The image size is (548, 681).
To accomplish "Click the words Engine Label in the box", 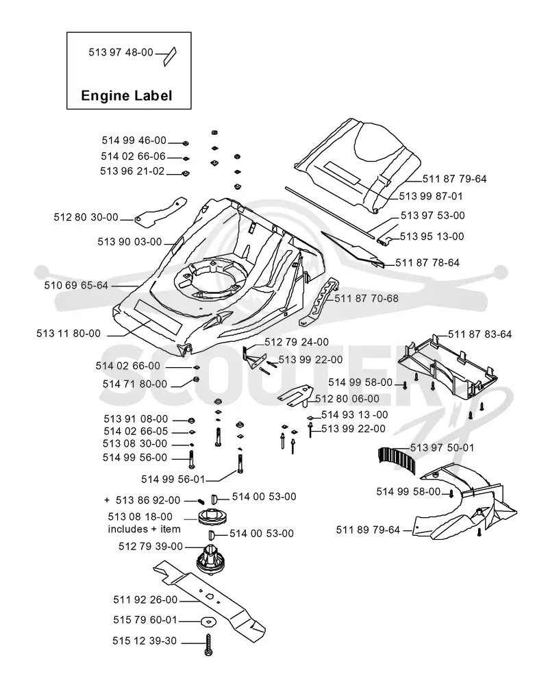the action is point(126,95).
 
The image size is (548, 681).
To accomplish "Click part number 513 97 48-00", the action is point(121,52).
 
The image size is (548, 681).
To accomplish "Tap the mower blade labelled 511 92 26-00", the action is point(209,602).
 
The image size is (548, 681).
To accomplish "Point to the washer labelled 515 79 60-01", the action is point(208,622).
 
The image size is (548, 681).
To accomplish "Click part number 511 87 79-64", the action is point(455,179).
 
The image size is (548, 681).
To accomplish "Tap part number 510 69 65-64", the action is point(76,285).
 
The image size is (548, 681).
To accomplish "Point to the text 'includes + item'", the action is point(144,529).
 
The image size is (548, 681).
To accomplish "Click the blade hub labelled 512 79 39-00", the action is point(210,560).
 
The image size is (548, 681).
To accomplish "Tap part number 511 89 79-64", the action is point(368,530).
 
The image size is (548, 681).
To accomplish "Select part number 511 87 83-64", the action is point(480,334).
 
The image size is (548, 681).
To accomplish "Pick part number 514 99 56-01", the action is point(173,479).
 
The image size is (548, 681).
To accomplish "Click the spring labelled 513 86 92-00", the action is point(201,500).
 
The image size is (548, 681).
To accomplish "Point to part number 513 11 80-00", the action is point(68,334).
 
